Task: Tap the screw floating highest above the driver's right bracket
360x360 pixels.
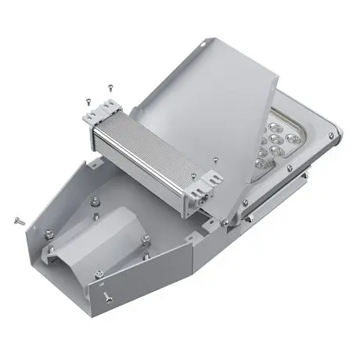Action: (214, 158)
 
